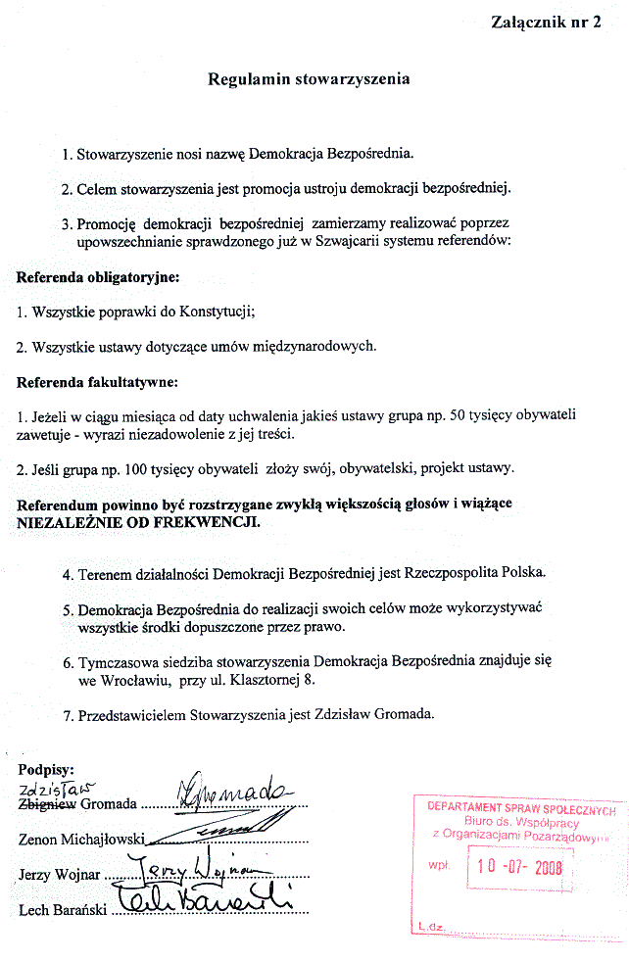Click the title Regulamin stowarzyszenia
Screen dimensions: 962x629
tap(309, 79)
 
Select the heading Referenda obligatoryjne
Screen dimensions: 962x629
tap(98, 278)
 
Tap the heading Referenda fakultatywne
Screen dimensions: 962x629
tap(97, 382)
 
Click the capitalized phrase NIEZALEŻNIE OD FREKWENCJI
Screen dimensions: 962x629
tap(138, 522)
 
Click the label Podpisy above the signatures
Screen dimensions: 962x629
tap(47, 769)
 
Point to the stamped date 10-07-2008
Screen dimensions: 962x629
tap(519, 866)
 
